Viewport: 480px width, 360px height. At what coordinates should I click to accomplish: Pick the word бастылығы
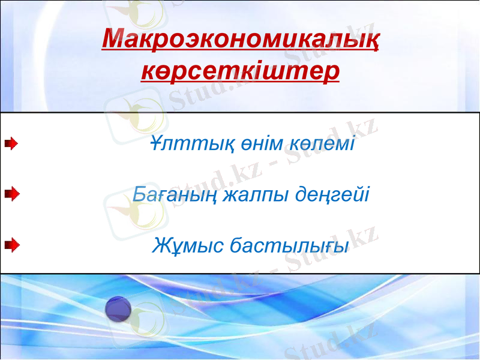(290, 245)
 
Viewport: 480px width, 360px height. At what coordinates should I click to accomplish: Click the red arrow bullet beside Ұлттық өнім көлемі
(11, 144)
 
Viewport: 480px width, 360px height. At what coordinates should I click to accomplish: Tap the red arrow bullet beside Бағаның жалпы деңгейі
(11, 194)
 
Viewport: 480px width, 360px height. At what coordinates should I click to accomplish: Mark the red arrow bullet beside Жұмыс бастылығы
(11, 244)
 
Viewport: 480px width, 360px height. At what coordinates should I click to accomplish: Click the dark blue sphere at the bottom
(118, 308)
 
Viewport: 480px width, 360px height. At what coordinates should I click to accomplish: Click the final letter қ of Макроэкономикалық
(371, 42)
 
